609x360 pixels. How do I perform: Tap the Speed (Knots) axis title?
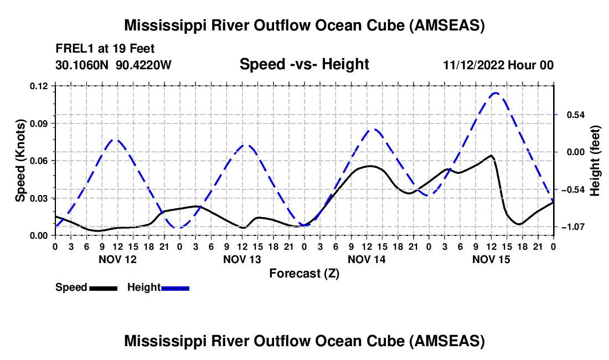tap(20, 160)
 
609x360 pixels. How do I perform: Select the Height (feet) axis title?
tap(595, 160)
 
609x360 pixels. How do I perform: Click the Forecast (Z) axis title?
tap(304, 273)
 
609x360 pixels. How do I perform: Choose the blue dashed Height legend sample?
tap(175, 287)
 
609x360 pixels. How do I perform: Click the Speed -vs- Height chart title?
tap(304, 64)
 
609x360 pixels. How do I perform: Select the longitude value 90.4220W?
tap(144, 65)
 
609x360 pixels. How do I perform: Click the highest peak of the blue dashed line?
tap(495, 93)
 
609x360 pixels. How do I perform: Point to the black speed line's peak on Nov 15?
tap(491, 156)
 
